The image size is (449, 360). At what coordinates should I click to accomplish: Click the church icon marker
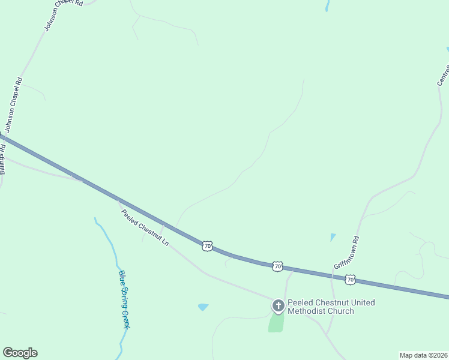278,306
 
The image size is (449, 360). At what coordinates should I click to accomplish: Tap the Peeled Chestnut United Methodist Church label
331,307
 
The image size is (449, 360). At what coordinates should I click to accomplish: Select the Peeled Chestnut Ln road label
144,227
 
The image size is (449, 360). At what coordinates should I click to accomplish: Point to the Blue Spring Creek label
124,299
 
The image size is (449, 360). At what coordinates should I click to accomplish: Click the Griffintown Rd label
346,251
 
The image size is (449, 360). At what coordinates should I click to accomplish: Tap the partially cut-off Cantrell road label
443,71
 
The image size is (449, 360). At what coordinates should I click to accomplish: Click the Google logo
20,353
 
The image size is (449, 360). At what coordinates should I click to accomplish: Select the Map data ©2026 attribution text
423,355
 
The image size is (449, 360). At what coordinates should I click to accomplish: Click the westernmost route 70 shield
207,246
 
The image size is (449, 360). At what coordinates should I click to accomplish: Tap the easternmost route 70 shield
351,279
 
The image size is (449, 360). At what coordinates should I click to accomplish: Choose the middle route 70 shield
277,266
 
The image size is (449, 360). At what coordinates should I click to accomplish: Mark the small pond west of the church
203,307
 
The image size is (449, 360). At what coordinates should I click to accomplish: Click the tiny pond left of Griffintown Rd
333,237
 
